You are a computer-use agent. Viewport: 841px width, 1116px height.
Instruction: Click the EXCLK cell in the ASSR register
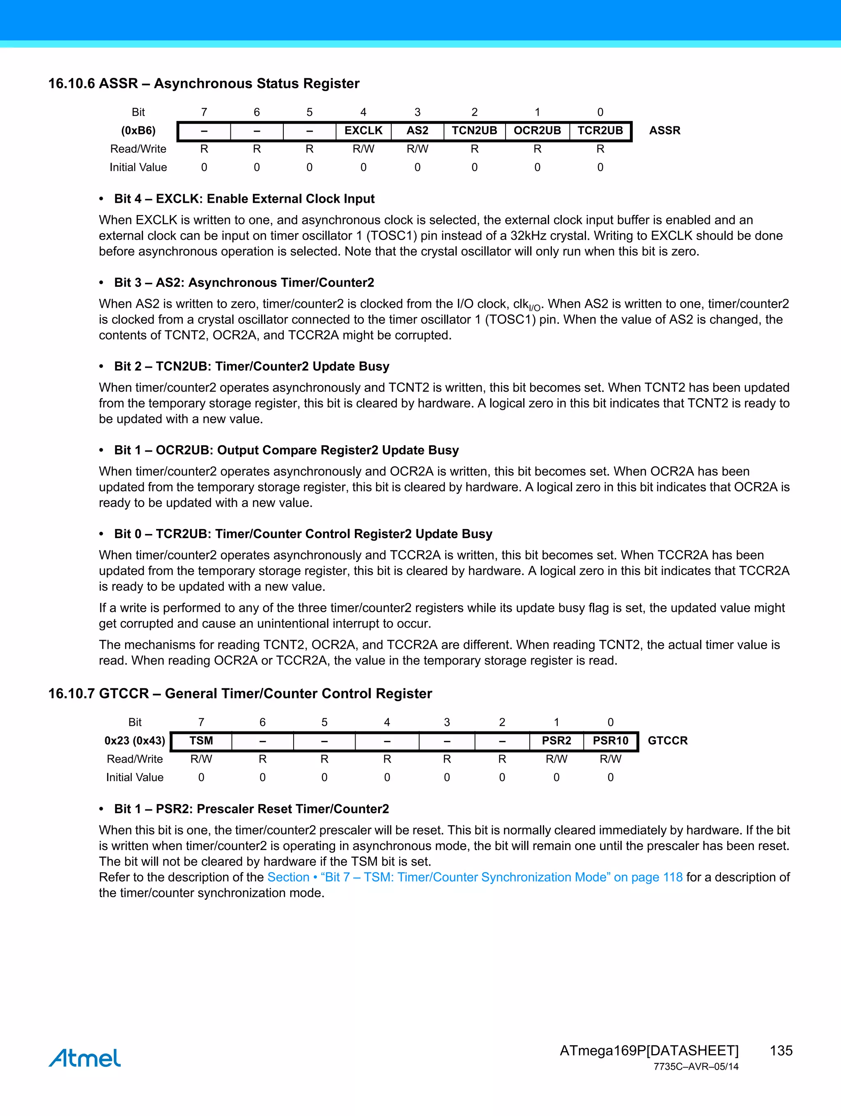click(363, 131)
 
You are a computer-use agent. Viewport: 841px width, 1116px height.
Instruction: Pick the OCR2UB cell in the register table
click(537, 131)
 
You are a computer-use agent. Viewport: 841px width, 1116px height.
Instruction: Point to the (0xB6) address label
click(138, 131)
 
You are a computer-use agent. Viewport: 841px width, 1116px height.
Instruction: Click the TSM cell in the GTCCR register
click(201, 740)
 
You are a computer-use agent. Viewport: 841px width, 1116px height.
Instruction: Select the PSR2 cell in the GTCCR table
click(556, 740)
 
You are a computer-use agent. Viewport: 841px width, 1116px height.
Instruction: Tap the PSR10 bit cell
click(610, 740)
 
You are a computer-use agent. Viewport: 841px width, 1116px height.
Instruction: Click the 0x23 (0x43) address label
click(135, 740)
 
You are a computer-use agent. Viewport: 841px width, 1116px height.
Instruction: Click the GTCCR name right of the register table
click(667, 740)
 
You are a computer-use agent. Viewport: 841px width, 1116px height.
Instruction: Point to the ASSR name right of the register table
click(664, 131)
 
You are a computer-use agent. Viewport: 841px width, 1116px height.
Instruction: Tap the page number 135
click(781, 1050)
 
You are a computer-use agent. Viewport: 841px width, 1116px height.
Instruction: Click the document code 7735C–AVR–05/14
click(696, 1067)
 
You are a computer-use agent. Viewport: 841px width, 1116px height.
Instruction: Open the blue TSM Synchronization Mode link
click(475, 878)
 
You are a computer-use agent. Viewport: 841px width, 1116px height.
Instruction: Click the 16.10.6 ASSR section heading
click(203, 83)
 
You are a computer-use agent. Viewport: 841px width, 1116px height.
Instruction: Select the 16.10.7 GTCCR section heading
click(240, 693)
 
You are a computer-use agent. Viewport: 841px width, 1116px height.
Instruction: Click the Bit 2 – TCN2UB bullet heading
click(251, 366)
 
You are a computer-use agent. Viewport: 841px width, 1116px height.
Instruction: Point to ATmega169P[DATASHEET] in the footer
click(649, 1050)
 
